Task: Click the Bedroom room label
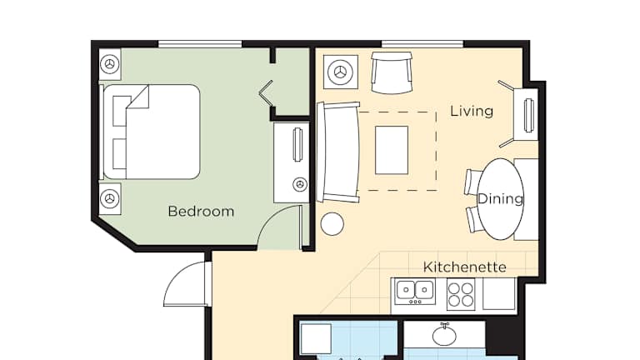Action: point(201,212)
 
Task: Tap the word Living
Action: point(472,111)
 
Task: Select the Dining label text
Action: point(500,199)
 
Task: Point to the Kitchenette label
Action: point(464,267)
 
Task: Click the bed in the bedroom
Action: point(151,132)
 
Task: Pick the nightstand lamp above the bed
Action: point(110,64)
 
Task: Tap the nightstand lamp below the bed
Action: point(110,199)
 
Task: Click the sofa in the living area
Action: point(338,152)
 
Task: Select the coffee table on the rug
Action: point(392,150)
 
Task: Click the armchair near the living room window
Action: point(392,72)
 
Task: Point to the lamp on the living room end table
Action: point(340,72)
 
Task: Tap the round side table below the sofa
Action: point(332,224)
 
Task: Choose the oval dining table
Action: point(500,199)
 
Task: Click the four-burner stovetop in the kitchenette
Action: point(461,295)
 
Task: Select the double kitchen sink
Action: point(415,291)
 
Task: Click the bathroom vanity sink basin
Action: point(444,336)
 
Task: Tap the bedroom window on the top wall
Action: point(200,44)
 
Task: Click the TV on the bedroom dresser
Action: point(297,144)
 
